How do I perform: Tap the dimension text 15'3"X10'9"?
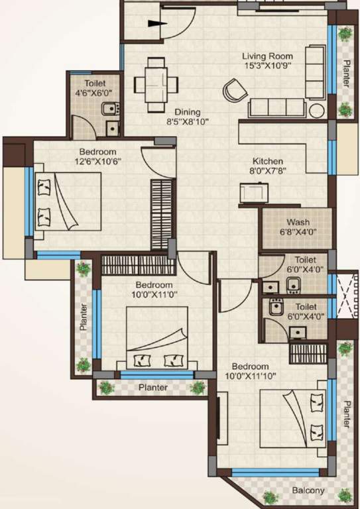click(267, 66)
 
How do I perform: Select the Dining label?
click(188, 111)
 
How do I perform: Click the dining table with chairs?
click(156, 84)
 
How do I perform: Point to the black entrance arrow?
click(158, 24)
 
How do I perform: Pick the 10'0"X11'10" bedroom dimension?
click(250, 376)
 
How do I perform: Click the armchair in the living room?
click(234, 90)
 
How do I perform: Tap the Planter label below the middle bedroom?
click(152, 388)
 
